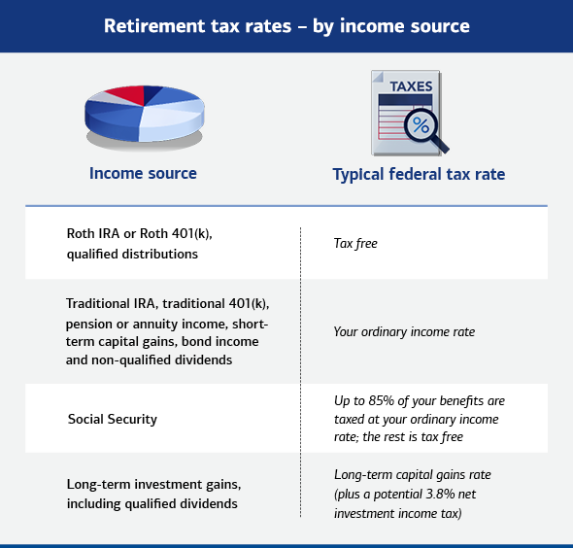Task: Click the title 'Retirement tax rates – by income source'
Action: click(286, 26)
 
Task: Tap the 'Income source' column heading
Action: click(143, 173)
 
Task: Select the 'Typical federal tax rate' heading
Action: click(419, 174)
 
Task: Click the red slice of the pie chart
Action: click(126, 95)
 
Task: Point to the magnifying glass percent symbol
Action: click(421, 125)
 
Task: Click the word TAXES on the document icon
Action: click(411, 86)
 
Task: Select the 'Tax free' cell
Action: click(355, 244)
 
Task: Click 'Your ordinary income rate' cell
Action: click(404, 332)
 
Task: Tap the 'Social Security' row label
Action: click(113, 419)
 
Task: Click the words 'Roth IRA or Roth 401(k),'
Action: click(139, 233)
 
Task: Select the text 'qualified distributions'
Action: click(132, 254)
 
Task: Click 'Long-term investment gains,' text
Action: click(153, 485)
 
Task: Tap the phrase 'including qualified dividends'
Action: click(152, 503)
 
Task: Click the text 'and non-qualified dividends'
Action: click(149, 360)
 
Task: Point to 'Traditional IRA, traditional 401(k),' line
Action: click(167, 304)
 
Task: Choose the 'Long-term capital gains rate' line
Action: click(412, 475)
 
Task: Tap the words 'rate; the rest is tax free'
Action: click(398, 437)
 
